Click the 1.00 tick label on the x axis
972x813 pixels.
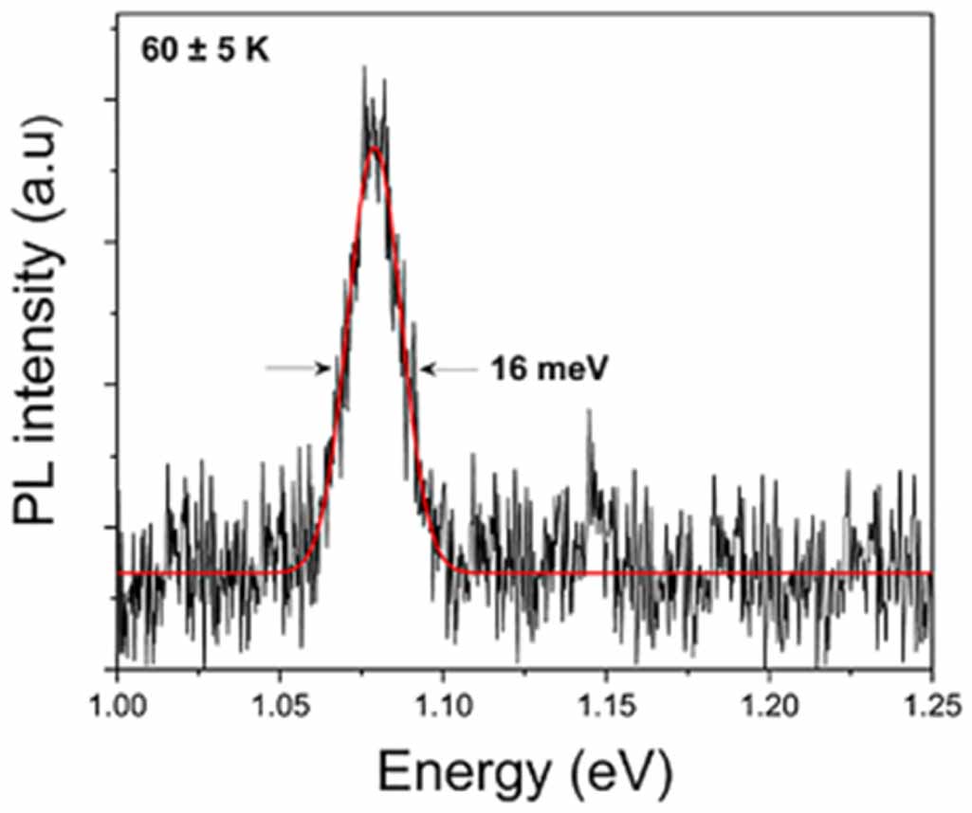tap(117, 705)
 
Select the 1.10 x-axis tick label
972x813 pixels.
tap(443, 705)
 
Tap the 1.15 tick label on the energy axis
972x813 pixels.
tap(605, 705)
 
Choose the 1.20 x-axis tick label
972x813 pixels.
tap(768, 705)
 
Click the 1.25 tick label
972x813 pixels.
tap(930, 705)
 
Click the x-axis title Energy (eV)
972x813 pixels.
tap(524, 771)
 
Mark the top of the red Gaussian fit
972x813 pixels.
tap(376, 148)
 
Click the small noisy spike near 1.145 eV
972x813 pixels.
tap(589, 412)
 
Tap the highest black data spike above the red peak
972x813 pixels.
tap(364, 68)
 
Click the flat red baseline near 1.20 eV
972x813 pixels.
tap(768, 573)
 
